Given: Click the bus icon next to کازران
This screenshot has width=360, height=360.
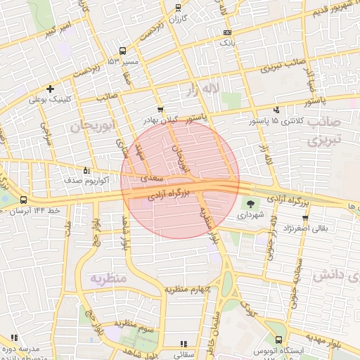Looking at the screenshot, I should [179, 8].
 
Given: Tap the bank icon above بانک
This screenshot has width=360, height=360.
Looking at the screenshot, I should [226, 33].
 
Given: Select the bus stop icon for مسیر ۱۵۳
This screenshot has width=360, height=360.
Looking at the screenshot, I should [123, 51].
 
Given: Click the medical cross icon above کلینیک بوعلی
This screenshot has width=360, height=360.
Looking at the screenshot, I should [50, 89].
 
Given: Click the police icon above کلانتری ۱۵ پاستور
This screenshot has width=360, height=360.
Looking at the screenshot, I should [276, 110].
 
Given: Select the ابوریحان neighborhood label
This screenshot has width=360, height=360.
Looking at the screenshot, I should [93, 127].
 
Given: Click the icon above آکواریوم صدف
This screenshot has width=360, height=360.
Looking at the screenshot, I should [86, 170].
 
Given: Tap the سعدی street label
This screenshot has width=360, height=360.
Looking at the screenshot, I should [153, 179].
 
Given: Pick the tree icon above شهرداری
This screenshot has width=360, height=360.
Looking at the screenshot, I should [250, 204].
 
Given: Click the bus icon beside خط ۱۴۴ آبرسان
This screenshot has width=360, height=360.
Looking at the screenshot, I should [24, 200].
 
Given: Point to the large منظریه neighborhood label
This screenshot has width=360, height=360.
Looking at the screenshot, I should [107, 278].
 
